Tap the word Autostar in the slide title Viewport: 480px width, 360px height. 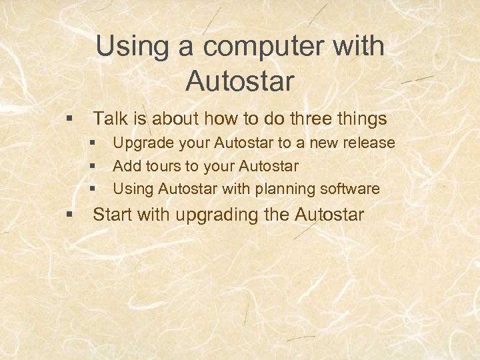[x=240, y=81]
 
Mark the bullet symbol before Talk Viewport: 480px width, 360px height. [x=69, y=119]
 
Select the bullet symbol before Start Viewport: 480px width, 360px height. [x=69, y=215]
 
